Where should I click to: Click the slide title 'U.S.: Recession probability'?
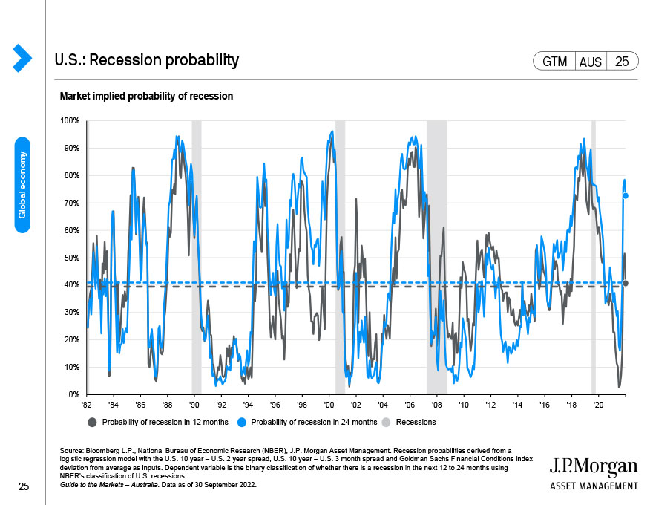(x=147, y=60)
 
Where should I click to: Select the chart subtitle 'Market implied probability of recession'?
(x=146, y=97)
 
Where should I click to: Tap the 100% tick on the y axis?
(x=70, y=120)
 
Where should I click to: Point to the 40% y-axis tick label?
(x=71, y=285)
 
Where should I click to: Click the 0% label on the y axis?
(x=73, y=394)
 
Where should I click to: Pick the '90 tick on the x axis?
(x=194, y=405)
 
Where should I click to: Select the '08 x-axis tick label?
(x=436, y=405)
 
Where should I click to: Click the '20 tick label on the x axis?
(x=598, y=405)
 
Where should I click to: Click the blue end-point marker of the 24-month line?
(x=626, y=196)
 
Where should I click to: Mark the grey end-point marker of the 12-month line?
(x=626, y=283)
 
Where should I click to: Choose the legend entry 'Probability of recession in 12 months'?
(x=160, y=422)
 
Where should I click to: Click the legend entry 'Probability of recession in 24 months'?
(x=307, y=422)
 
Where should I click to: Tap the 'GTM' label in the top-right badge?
(x=555, y=62)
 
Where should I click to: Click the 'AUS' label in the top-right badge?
(x=591, y=62)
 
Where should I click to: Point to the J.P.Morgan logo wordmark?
(x=593, y=466)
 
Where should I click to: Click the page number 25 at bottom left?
(x=23, y=486)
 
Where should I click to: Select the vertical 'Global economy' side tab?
(x=22, y=185)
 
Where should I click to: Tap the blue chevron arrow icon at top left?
(x=22, y=57)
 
